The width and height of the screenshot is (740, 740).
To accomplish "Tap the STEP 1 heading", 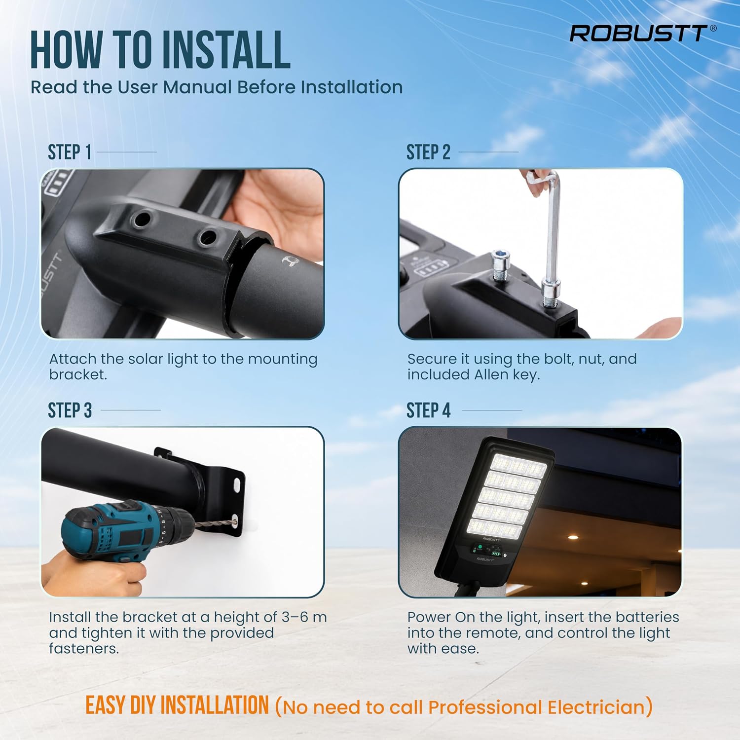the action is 70,152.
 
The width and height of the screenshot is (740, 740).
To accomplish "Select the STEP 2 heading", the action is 428,152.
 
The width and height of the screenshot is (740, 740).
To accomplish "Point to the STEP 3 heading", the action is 70,410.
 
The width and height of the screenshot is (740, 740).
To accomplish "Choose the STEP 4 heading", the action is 428,410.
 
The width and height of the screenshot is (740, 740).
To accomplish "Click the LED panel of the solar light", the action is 507,496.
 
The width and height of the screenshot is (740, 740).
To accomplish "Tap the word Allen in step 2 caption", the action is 492,374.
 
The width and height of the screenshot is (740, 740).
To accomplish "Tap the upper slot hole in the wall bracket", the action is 237,485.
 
